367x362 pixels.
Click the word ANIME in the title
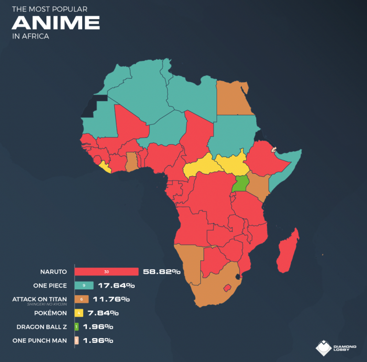pos(56,22)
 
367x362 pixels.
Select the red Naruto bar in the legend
pos(106,272)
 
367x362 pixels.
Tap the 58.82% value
pos(162,272)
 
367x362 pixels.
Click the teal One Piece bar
pos(84,286)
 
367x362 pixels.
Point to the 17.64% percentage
pos(116,286)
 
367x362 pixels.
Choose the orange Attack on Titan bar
pos(82,299)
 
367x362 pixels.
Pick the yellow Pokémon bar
pos(79,313)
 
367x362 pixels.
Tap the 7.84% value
pos(103,313)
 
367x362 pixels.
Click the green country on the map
pos(240,183)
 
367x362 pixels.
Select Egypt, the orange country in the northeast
pos(233,98)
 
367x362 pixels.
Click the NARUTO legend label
pos(54,272)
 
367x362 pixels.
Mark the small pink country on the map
pos(274,149)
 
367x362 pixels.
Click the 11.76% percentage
pos(112,299)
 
